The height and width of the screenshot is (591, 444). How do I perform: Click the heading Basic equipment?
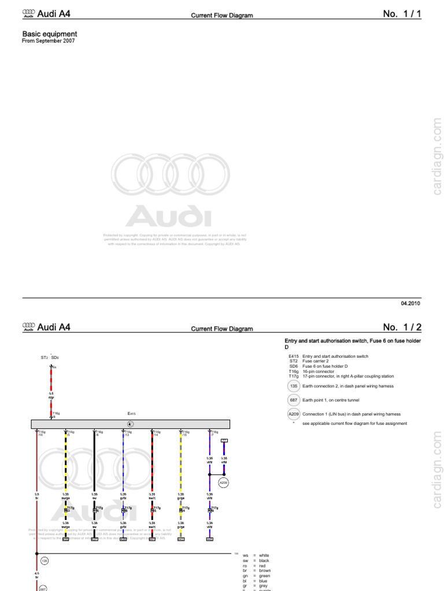pos(49,35)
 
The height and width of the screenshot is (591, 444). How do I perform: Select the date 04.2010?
pos(410,303)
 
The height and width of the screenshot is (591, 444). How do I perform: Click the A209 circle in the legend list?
pos(293,414)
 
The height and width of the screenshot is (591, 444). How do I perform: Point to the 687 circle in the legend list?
pos(293,399)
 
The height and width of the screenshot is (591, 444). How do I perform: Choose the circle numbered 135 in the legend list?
pos(293,386)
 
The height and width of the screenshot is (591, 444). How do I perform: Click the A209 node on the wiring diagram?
pos(224,481)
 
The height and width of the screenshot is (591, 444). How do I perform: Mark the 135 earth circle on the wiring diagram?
pos(45,560)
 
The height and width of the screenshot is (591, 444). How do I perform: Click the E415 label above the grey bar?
pos(131,413)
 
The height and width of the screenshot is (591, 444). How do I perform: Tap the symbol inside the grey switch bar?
pos(130,424)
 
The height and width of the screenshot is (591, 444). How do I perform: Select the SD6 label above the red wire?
pos(55,358)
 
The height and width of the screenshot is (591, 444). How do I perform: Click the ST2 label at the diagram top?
pos(44,358)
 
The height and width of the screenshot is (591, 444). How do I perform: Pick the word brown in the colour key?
pos(265,571)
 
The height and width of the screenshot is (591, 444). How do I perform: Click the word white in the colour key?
pos(265,555)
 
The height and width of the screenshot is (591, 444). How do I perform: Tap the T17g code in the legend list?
pos(293,376)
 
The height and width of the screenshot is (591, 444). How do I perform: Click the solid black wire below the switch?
pos(94,462)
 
